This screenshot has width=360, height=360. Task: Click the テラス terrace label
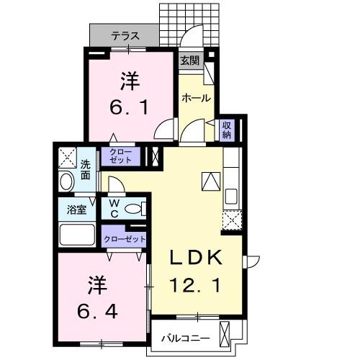tap(125, 34)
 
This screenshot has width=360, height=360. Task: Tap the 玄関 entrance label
tap(189, 60)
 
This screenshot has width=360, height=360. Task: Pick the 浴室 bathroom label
tap(77, 210)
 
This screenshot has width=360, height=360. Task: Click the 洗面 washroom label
tap(86, 168)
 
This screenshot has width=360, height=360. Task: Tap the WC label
tap(114, 209)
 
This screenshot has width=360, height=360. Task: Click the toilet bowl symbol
tap(132, 209)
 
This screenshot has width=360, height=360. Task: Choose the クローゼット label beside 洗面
tap(122, 156)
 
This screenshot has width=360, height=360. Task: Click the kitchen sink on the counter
tap(231, 195)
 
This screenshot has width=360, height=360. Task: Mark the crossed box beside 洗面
tap(68, 156)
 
